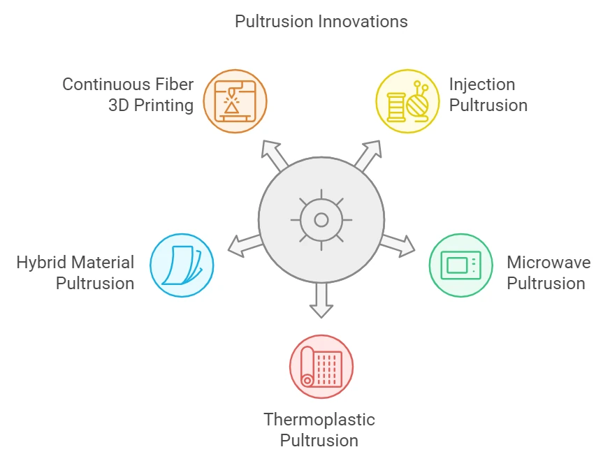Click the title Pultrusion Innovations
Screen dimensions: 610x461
point(321,22)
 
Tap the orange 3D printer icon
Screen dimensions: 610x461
point(235,101)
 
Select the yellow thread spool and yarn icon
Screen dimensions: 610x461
point(407,101)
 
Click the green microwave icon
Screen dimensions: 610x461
point(461,265)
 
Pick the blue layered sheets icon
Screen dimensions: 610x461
point(182,265)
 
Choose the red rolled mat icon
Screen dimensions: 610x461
point(321,367)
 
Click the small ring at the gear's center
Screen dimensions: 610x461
point(321,220)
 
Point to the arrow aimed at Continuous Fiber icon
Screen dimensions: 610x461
point(275,155)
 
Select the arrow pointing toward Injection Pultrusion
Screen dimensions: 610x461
point(368,155)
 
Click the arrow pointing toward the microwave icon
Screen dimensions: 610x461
point(398,245)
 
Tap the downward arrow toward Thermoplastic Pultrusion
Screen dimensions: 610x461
point(321,300)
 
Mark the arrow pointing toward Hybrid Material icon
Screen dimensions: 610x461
point(245,245)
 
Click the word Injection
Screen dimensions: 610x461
point(482,85)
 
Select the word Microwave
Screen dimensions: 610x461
point(549,262)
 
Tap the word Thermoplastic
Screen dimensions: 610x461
point(319,420)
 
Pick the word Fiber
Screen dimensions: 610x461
point(174,85)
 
